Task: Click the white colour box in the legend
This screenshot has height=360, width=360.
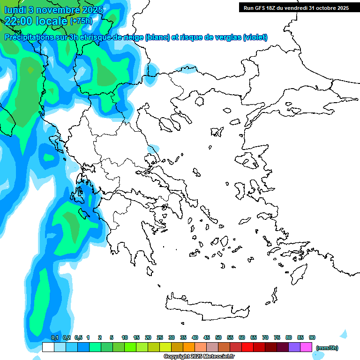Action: click(48, 347)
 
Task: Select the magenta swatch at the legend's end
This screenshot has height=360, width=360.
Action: click(306, 347)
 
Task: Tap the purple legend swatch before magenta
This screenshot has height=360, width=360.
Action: click(294, 347)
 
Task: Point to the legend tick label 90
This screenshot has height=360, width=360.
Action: click(312, 338)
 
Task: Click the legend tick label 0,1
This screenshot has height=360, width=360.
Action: click(54, 338)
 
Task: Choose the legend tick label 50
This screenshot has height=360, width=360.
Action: click(218, 338)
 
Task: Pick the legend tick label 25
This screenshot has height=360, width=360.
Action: click(160, 338)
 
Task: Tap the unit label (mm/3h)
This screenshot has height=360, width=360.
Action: click(327, 348)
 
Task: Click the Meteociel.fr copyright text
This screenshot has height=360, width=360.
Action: click(199, 357)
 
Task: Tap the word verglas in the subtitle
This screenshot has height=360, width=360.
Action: click(223, 37)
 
